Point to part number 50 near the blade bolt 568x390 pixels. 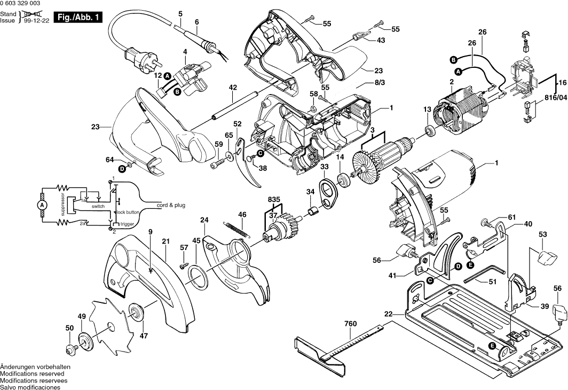point(69,328)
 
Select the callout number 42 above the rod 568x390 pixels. point(233,87)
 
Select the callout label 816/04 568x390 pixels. point(556,98)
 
